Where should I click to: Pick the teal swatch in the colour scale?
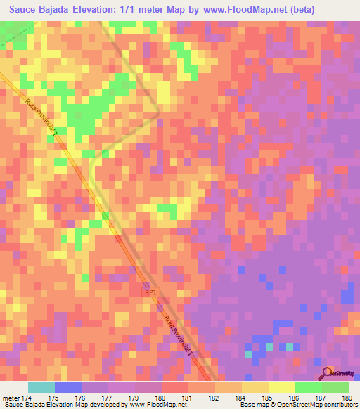41,387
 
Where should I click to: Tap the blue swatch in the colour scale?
68,387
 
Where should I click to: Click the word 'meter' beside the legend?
11,398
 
